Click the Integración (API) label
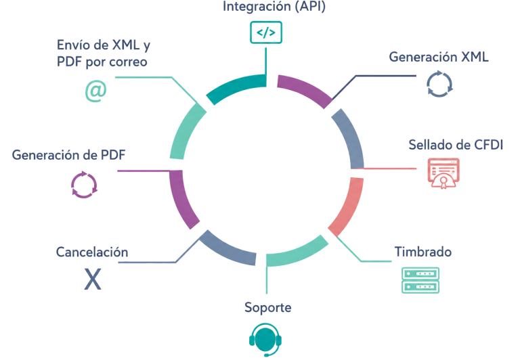[274, 7]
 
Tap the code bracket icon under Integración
[266, 32]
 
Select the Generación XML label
[439, 57]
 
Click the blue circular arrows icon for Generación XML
[439, 84]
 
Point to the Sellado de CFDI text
[456, 145]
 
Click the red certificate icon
[443, 173]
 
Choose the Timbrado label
[422, 252]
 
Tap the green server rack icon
[420, 280]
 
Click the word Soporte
[268, 308]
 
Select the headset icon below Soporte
[265, 340]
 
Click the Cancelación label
[92, 252]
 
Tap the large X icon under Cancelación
[93, 279]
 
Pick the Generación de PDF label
[68, 155]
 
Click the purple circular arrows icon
[84, 185]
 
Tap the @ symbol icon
[96, 91]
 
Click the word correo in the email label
[128, 62]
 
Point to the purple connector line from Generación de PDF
[144, 171]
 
